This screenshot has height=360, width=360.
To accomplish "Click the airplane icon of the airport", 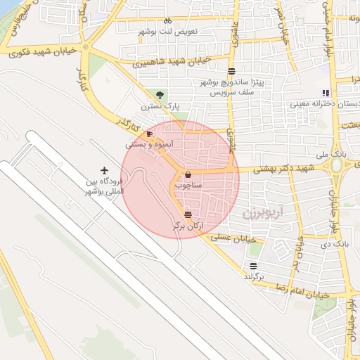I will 105,170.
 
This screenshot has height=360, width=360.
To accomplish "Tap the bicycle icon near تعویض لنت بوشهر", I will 167,21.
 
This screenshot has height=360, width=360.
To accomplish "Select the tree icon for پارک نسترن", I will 161,95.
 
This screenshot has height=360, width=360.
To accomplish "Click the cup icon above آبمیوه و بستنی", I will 149,133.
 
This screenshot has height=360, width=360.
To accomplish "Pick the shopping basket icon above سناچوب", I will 188,175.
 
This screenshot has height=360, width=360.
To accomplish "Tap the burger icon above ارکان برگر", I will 187,214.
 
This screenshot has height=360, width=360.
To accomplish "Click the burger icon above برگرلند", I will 253,266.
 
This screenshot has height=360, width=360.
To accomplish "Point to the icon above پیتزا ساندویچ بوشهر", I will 232,71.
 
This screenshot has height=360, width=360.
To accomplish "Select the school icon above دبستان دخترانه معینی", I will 325,92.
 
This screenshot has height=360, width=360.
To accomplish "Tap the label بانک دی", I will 336,244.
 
